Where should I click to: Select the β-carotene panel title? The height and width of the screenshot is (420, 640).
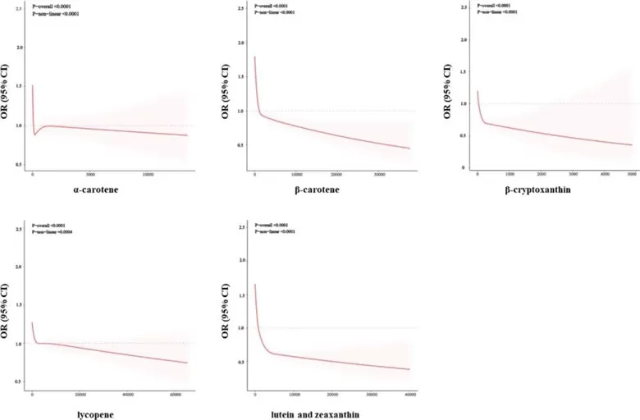tap(332, 194)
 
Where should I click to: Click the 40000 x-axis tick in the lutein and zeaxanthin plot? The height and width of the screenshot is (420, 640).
tap(408, 395)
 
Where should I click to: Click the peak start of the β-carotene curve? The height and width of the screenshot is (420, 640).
tap(254, 57)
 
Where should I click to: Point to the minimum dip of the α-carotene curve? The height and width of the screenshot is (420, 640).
tap(35, 134)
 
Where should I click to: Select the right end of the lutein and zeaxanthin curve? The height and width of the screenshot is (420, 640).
tap(409, 369)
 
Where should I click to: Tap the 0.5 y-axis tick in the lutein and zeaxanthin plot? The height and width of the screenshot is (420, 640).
tap(242, 362)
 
